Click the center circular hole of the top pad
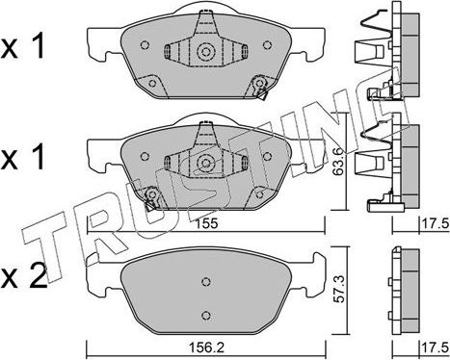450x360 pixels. pos(205,53)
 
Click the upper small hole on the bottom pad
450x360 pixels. pos(204,282)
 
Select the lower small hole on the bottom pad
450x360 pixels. pos(204,313)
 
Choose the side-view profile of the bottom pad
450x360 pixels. pos(404,289)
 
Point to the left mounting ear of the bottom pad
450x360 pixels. pos(99,279)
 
